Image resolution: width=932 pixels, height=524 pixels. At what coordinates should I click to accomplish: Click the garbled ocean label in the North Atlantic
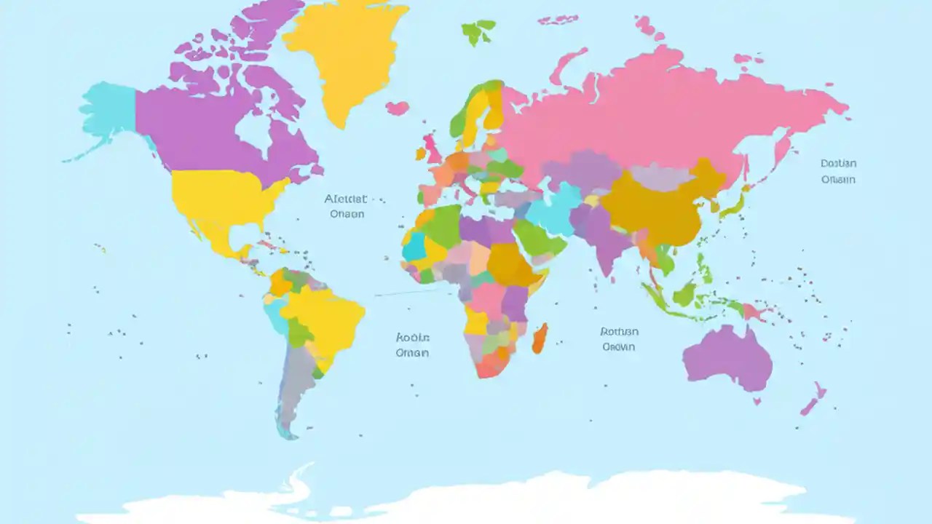pyautogui.click(x=347, y=206)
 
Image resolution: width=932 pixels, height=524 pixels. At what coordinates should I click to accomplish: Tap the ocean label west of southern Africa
pyautogui.click(x=412, y=345)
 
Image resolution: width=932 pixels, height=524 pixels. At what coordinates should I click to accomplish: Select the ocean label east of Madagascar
pyautogui.click(x=618, y=339)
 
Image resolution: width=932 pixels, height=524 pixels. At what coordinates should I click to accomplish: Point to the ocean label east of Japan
pyautogui.click(x=838, y=172)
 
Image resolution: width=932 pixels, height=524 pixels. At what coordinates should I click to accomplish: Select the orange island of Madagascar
pyautogui.click(x=540, y=338)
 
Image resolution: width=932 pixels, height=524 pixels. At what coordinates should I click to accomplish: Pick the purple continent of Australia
pyautogui.click(x=728, y=357)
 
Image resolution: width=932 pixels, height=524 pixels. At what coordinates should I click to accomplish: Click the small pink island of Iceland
pyautogui.click(x=397, y=108)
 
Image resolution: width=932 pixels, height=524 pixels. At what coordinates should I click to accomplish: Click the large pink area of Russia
pyautogui.click(x=655, y=109)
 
